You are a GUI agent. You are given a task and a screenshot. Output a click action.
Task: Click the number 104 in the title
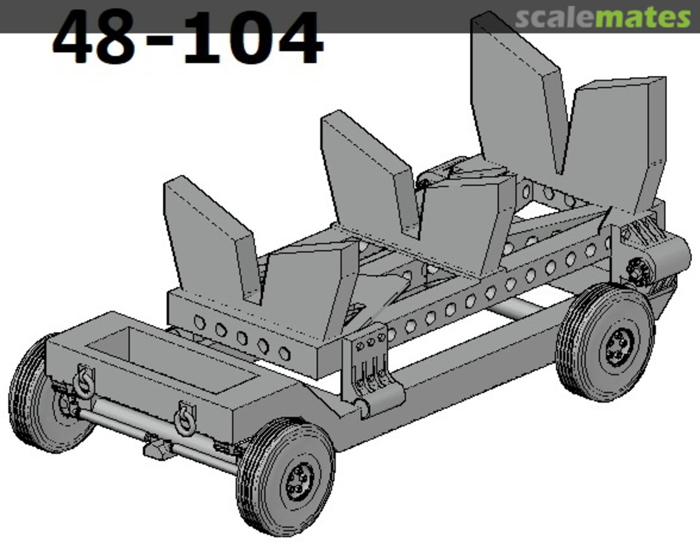pyautogui.click(x=253, y=38)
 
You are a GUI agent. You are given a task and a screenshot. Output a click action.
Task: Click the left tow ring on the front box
pyautogui.click(x=83, y=379)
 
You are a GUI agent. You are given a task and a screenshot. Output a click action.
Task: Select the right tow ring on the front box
pyautogui.click(x=183, y=418)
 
